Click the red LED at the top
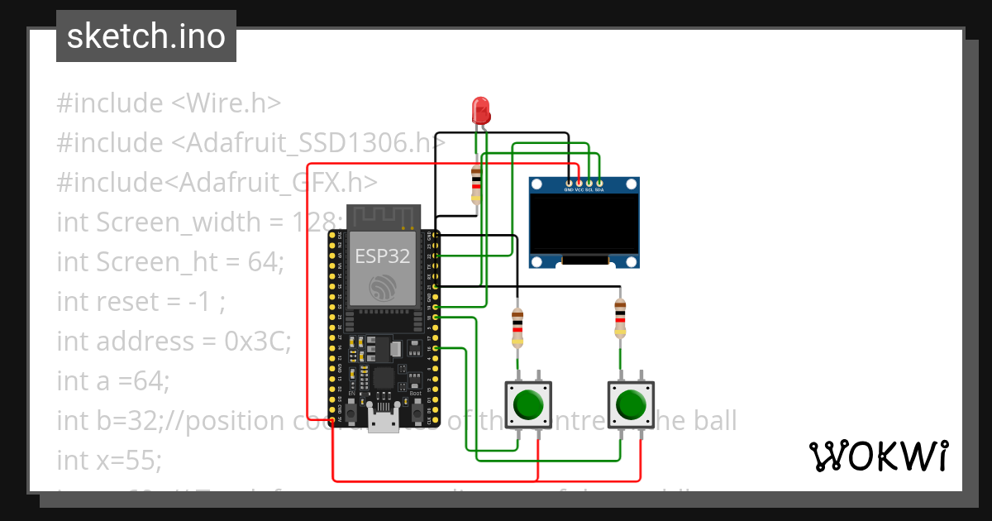point(480,110)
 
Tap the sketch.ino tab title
point(146,36)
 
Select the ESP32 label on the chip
point(383,256)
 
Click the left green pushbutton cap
point(528,405)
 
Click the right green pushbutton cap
point(632,405)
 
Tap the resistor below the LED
point(475,184)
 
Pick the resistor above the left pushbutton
point(517,327)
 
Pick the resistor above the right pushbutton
point(620,318)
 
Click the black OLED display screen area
point(585,223)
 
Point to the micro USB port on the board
point(383,423)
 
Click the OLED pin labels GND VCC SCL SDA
point(584,189)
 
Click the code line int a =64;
point(112,380)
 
